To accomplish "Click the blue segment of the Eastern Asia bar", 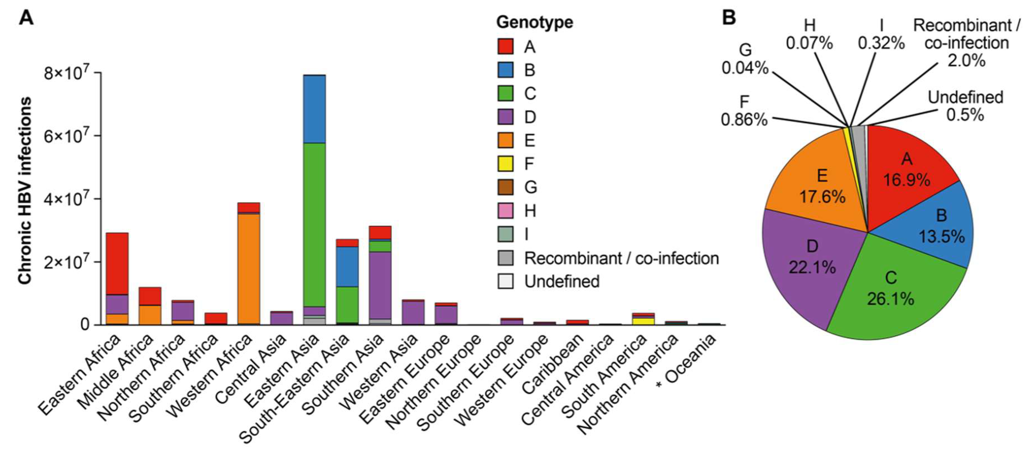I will click(x=314, y=108).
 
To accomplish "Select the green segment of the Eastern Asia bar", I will click(x=314, y=223).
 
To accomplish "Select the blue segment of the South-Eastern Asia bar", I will click(x=347, y=266).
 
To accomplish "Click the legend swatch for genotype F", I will click(x=505, y=164).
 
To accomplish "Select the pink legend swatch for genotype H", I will click(x=505, y=211).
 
